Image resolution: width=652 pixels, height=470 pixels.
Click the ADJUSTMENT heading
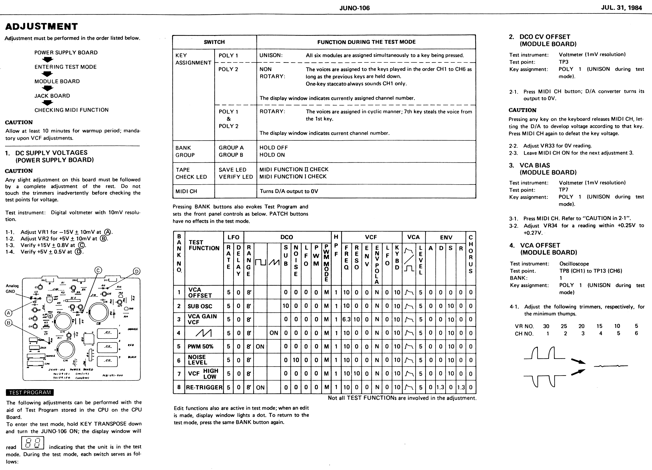point(41,26)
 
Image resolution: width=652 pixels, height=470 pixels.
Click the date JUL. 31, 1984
point(621,8)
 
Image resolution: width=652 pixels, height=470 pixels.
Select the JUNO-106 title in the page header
point(354,8)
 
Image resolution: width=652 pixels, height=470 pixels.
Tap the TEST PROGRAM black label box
point(30,392)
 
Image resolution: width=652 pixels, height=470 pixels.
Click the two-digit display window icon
point(33,443)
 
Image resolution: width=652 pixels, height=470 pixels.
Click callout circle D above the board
point(137,271)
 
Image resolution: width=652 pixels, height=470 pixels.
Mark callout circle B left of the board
point(9,323)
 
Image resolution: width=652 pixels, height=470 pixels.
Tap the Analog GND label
point(12,288)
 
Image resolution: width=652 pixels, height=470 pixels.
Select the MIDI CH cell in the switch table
point(186,191)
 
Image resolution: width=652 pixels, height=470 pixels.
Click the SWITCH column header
point(214,42)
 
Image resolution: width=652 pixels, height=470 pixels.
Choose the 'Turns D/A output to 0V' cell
point(289,191)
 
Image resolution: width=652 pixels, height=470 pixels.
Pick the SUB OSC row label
point(200,306)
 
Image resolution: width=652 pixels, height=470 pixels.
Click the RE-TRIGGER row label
point(204,387)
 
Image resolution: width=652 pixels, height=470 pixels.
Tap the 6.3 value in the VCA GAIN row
point(346,319)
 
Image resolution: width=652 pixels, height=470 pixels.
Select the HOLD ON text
point(272,155)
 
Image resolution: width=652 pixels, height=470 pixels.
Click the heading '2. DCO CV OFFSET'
point(545,37)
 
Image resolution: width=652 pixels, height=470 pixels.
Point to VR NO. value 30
point(546,326)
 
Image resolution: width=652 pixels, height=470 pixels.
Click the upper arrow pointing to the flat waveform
point(578,361)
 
